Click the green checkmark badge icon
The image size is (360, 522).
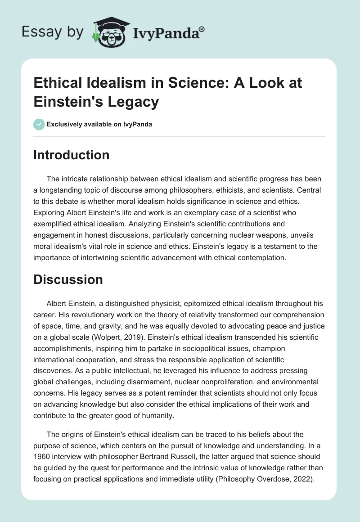point(39,124)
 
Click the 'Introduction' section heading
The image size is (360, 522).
point(72,155)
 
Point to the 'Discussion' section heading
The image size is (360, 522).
point(68,279)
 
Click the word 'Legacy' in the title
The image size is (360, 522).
point(133,102)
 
